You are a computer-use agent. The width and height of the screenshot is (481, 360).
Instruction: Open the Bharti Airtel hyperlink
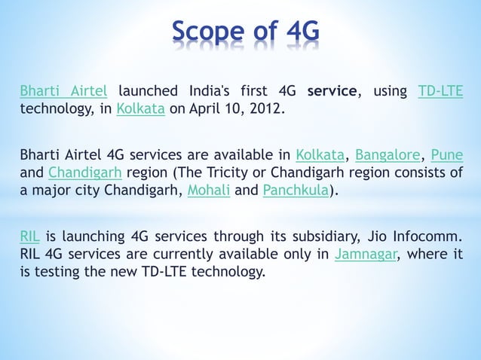coord(63,92)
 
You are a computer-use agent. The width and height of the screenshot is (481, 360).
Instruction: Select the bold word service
coord(332,92)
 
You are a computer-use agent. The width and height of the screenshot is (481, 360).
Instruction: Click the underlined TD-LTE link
coord(440,92)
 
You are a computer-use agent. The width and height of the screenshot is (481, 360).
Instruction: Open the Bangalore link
coord(388,156)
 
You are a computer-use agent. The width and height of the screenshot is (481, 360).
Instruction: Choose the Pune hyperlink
coord(447,156)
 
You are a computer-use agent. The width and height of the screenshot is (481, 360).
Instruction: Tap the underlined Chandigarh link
coord(80,172)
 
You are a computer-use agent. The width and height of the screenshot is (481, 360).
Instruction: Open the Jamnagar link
coord(366,254)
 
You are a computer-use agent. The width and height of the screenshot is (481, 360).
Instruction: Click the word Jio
coord(377,237)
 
